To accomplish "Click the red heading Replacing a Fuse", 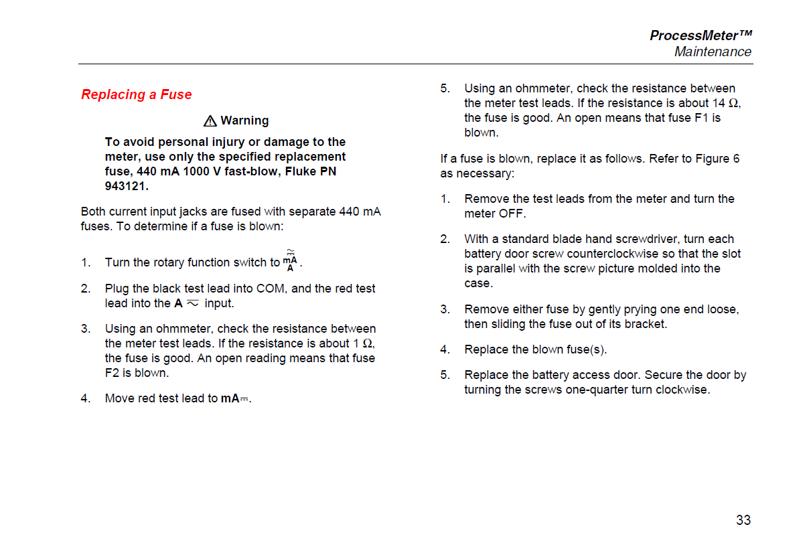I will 137,94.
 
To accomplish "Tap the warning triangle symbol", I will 210,121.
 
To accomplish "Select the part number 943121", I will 127,186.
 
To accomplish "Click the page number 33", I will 743,520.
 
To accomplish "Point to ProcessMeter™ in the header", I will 701,35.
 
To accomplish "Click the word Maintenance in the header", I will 713,52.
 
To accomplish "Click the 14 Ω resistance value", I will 725,103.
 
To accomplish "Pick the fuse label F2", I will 112,373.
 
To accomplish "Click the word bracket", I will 646,324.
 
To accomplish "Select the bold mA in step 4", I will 230,398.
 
